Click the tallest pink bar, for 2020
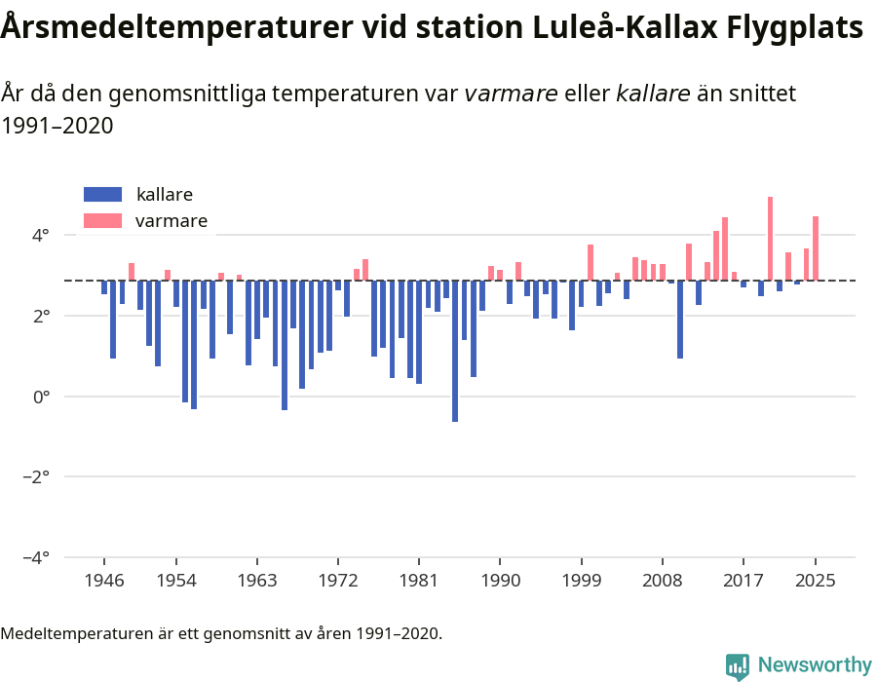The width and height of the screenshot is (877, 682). point(770,239)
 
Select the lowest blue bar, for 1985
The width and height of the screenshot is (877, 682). point(455,351)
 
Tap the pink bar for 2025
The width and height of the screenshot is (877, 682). point(816,248)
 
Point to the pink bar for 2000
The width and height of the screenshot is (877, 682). point(591,263)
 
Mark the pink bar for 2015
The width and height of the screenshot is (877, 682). point(725,249)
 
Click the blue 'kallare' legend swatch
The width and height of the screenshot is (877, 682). point(103,194)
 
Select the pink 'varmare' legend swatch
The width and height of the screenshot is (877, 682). point(103,221)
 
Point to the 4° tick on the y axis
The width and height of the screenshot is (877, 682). point(40,236)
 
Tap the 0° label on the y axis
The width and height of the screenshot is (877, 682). point(40,397)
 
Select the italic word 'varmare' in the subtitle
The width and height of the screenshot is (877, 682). point(511,94)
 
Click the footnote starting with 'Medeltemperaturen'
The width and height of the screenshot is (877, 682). point(221,633)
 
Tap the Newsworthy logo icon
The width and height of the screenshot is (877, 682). point(738,666)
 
